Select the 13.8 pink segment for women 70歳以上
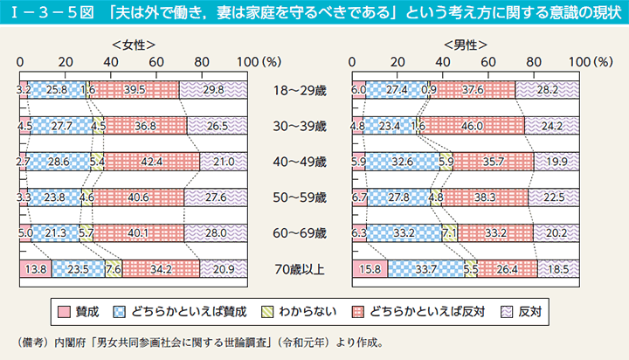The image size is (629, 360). pos(36,269)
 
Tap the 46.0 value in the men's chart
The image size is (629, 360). pos(473,125)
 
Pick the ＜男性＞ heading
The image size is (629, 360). pos(464,44)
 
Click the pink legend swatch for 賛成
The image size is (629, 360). pos(63,311)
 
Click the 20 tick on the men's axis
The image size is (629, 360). pos(397,62)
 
